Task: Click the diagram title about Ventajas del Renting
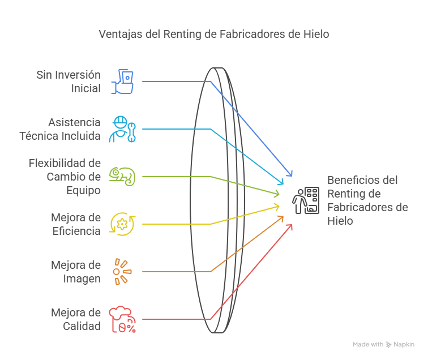(x=214, y=34)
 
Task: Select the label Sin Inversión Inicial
(x=69, y=82)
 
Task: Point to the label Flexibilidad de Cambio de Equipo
(x=65, y=177)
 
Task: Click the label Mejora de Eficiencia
(x=76, y=224)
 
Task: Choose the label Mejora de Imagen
(x=76, y=272)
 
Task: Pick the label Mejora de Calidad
(x=76, y=319)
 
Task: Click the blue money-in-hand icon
(x=123, y=82)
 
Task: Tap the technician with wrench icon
(x=122, y=129)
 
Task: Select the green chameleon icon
(x=123, y=176)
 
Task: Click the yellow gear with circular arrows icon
(x=122, y=224)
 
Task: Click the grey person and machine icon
(x=306, y=200)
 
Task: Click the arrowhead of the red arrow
(x=290, y=226)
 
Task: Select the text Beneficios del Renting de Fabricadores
(x=367, y=200)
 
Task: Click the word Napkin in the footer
(x=404, y=344)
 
